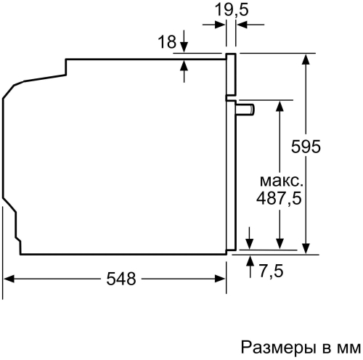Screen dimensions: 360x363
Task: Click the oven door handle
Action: [x=247, y=109]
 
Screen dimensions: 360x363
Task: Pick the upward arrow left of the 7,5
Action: [x=249, y=260]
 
